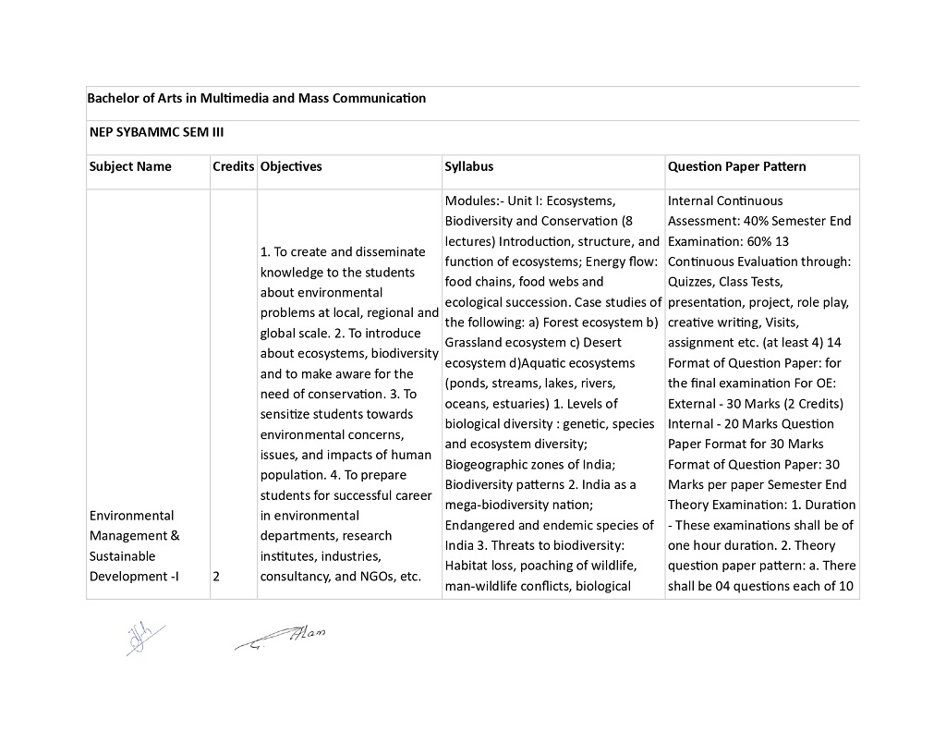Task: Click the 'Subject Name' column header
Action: (x=130, y=167)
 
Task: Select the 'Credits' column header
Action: (x=234, y=167)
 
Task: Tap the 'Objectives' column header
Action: (x=291, y=167)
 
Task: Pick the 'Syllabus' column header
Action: (x=468, y=167)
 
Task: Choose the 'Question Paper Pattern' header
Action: (x=736, y=167)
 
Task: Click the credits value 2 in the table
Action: (x=215, y=577)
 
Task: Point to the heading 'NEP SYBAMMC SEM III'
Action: (x=156, y=133)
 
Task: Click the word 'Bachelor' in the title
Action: (x=112, y=98)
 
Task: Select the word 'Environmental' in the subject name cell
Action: (x=131, y=516)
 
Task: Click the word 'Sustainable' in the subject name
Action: (x=123, y=556)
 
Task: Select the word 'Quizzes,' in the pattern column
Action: (x=692, y=282)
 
